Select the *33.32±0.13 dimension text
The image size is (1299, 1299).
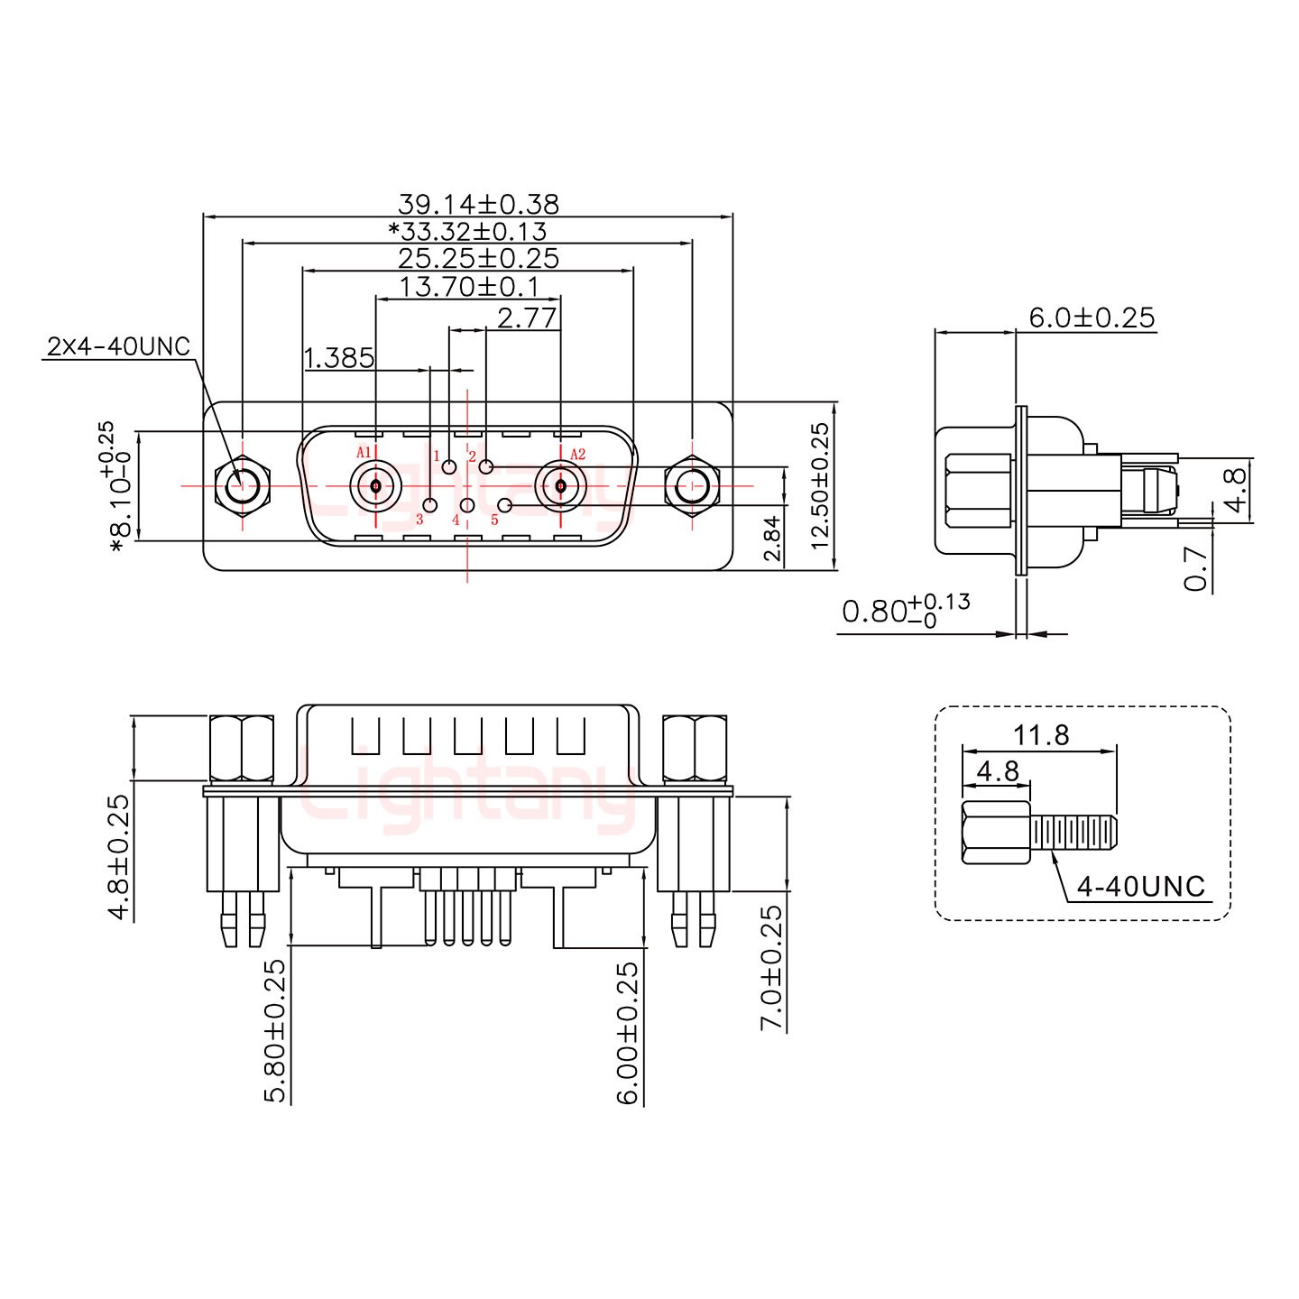(467, 231)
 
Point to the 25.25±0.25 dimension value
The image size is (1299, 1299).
(478, 259)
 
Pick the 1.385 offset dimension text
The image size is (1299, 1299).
(339, 359)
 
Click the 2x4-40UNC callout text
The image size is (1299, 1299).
(118, 346)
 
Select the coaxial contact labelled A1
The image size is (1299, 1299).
(375, 486)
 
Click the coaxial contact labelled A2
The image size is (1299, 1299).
(560, 486)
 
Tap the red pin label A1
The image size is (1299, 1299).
(364, 453)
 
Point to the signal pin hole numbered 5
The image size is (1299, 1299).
(506, 504)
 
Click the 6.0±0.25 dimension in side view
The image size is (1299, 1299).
(1092, 318)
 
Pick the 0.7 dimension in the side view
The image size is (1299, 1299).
(1196, 569)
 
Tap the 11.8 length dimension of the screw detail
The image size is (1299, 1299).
(1040, 735)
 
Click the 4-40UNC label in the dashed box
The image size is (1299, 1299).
(1141, 887)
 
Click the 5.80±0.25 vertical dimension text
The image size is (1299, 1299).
(275, 1030)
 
